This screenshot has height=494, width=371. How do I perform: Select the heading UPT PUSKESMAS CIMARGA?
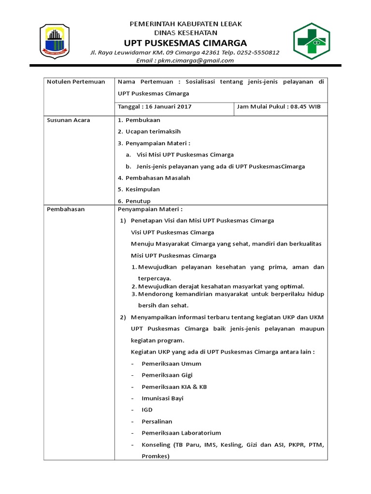coord(185,42)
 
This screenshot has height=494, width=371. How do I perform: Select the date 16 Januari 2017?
coord(164,107)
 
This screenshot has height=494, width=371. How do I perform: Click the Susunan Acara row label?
coord(68,120)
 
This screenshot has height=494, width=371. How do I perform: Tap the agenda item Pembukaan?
coord(143,120)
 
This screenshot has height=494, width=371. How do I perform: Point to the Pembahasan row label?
coord(66,209)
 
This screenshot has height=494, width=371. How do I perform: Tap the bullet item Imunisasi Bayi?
coord(162,398)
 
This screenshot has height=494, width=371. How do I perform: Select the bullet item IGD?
coord(147,410)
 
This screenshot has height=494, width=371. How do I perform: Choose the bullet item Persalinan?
coord(157,421)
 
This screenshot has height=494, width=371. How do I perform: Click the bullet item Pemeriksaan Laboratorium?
coord(181,433)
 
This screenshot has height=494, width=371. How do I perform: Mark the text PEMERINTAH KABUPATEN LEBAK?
coord(185,24)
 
